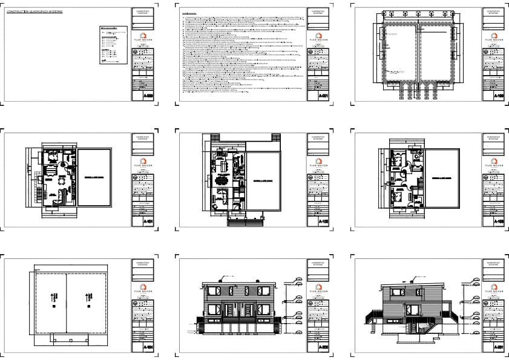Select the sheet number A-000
(149, 96)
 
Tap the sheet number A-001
(324, 96)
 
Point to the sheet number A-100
(499, 96)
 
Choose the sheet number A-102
(324, 222)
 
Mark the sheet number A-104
(149, 348)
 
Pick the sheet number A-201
(499, 348)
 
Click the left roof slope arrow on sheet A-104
(53, 296)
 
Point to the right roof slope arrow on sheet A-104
(89, 296)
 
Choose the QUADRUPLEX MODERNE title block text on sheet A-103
(493, 139)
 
